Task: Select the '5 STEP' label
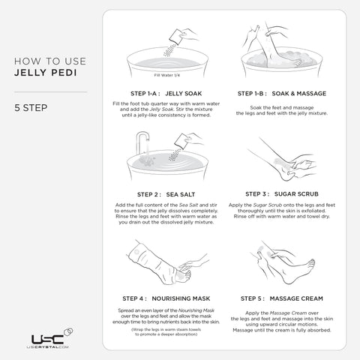(x=31, y=106)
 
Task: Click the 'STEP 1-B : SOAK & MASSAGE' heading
(x=271, y=93)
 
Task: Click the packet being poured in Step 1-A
(x=177, y=31)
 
